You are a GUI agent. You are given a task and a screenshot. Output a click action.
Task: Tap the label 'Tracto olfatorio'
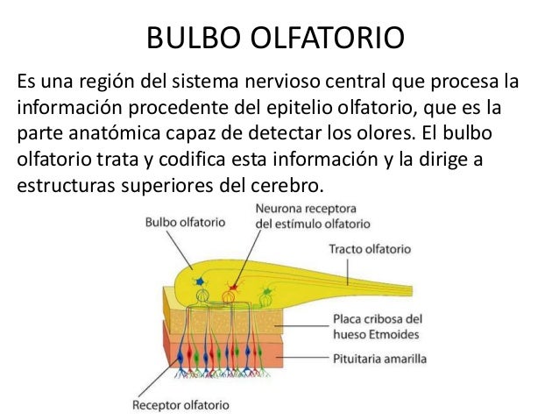tap(372, 248)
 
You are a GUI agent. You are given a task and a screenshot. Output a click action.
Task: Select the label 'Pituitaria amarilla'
tap(379, 358)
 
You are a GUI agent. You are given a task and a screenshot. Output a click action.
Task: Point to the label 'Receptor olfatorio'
tap(180, 406)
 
